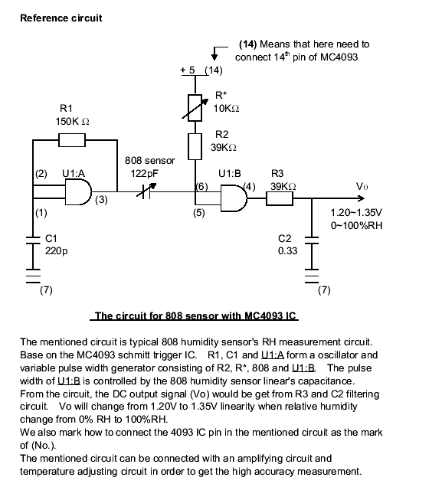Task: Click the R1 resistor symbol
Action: coord(72,140)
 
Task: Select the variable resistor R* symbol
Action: coord(195,108)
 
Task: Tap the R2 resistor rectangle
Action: coord(195,146)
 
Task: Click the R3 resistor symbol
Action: coord(280,198)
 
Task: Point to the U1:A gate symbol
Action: coord(79,192)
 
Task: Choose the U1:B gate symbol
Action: coord(234,198)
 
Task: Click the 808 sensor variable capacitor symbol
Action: coord(146,191)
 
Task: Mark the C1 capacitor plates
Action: coord(33,240)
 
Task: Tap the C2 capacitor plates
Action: coord(312,240)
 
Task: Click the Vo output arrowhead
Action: coord(362,198)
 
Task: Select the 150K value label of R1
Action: coord(72,122)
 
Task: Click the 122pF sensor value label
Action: coord(144,173)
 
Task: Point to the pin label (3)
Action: coord(101,199)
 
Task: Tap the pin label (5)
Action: coord(199,213)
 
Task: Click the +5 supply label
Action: coord(188,70)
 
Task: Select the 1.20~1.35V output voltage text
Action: coord(356,213)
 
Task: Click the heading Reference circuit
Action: coord(61,18)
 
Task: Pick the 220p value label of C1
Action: coord(56,251)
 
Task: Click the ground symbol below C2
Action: coord(312,276)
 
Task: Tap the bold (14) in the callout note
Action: coord(248,44)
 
